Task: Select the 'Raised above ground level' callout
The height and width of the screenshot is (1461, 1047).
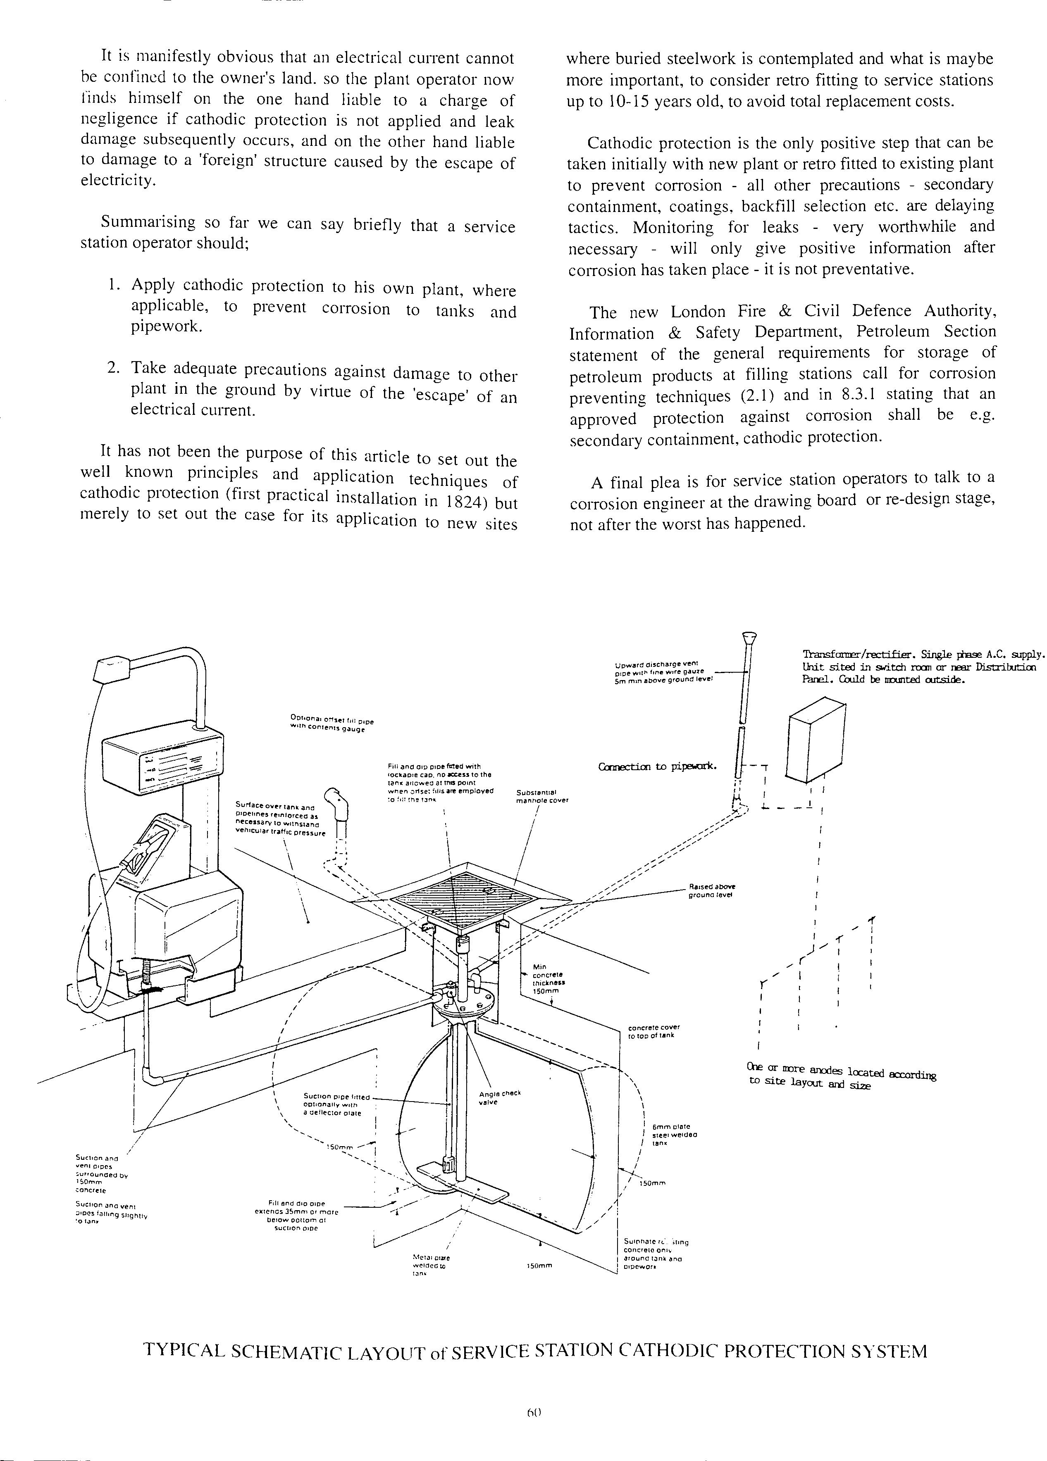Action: tap(711, 891)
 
